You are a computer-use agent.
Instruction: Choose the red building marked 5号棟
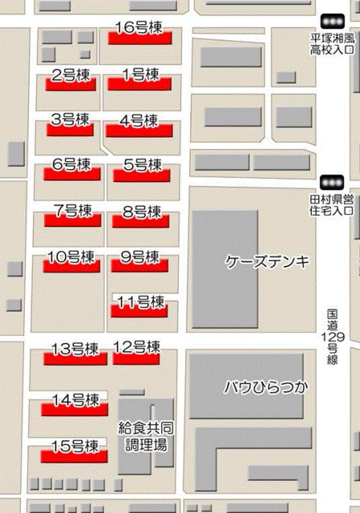click(x=139, y=175)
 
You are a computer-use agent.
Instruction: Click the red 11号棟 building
click(x=139, y=312)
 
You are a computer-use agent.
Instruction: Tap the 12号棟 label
click(x=136, y=347)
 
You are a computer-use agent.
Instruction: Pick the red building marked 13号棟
click(x=75, y=360)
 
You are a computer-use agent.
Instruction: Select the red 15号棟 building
click(x=73, y=455)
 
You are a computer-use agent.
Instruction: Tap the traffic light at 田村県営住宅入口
click(x=331, y=182)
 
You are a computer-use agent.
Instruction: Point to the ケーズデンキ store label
click(x=267, y=261)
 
